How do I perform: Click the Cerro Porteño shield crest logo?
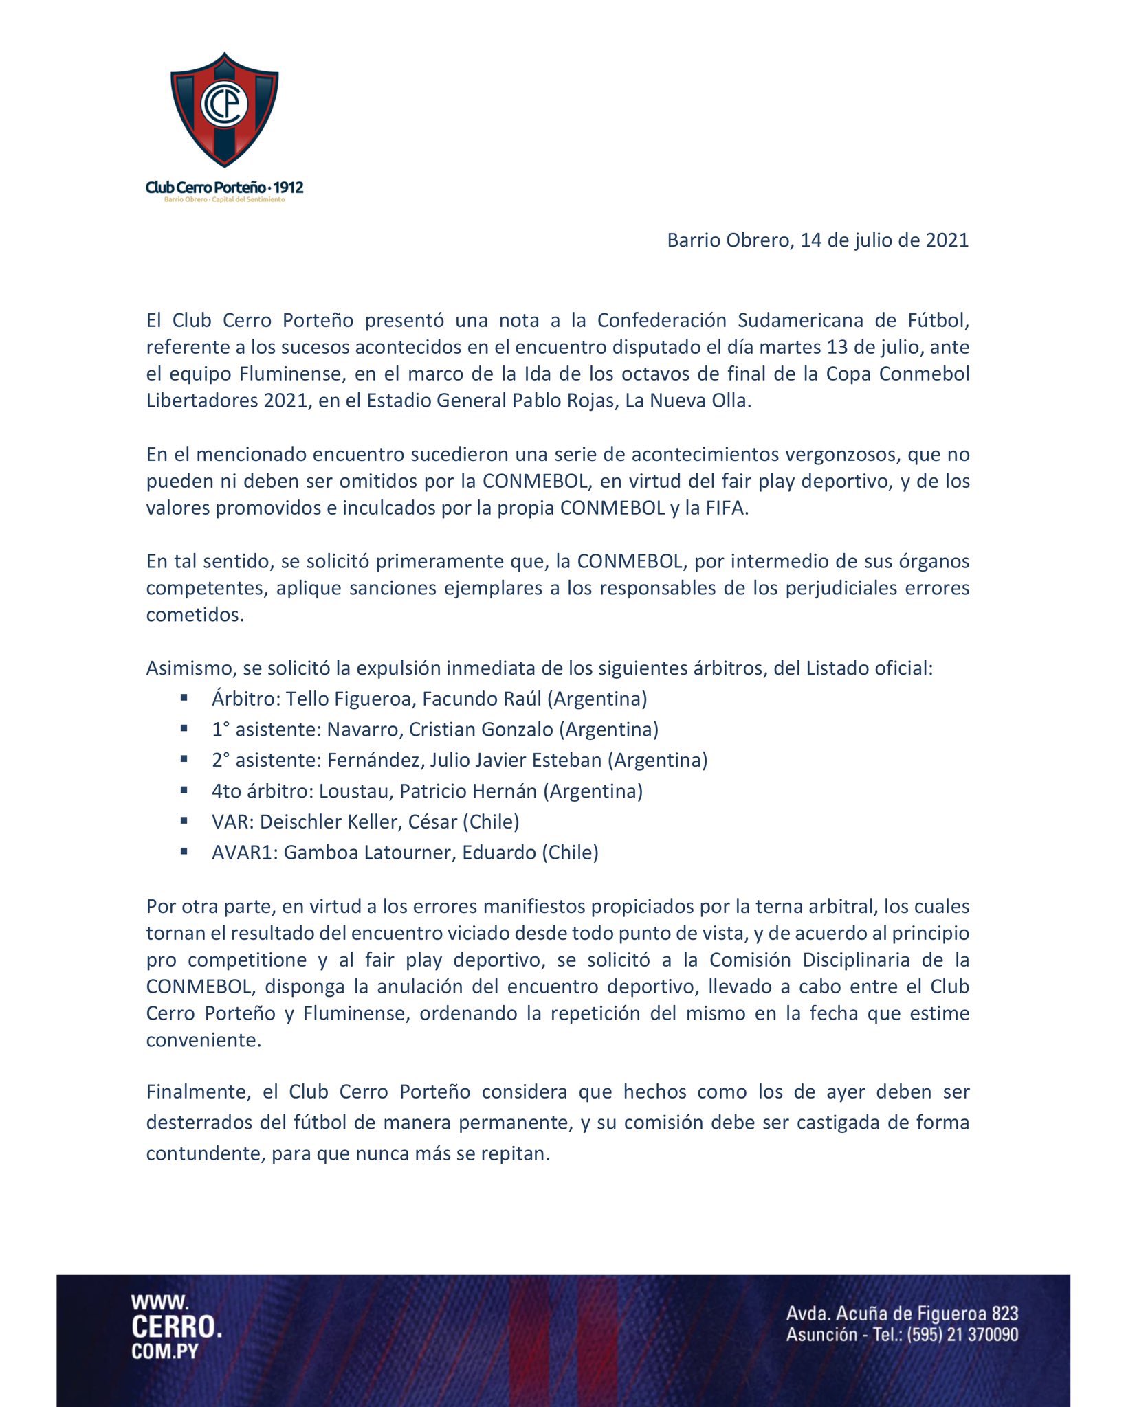224,110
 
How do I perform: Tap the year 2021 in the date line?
947,240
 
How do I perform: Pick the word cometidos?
195,615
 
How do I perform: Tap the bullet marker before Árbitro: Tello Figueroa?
184,697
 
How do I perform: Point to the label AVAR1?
243,853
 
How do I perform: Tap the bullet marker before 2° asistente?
184,759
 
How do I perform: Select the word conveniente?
203,1040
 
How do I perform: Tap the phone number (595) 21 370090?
962,1335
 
